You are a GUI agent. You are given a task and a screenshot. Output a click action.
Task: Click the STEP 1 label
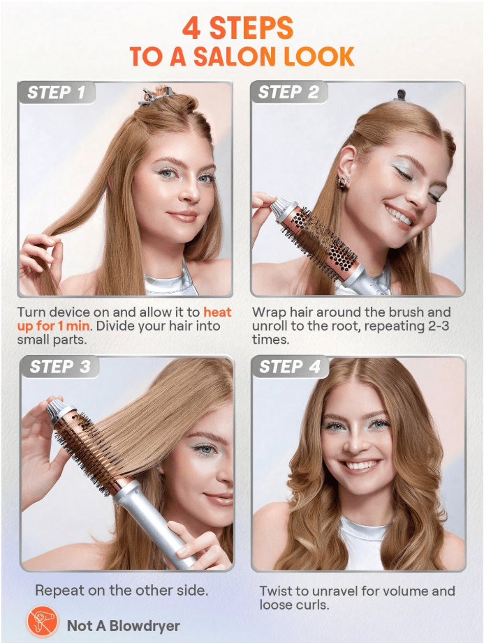(57, 92)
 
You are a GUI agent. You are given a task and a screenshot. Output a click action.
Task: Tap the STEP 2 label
(288, 92)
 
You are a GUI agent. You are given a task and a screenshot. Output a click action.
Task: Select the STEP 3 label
(59, 367)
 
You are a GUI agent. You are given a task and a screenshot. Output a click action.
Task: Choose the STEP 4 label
(289, 367)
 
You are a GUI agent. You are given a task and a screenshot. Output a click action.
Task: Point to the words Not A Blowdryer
(123, 626)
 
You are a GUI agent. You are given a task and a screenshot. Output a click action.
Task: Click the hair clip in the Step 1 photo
(151, 96)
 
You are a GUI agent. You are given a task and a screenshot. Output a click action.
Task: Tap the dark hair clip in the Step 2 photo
(400, 95)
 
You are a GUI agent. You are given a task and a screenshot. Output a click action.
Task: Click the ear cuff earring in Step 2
(344, 181)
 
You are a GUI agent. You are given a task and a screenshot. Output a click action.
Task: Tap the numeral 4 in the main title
(191, 29)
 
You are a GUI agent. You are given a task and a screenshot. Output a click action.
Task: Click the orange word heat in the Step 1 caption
(217, 312)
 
